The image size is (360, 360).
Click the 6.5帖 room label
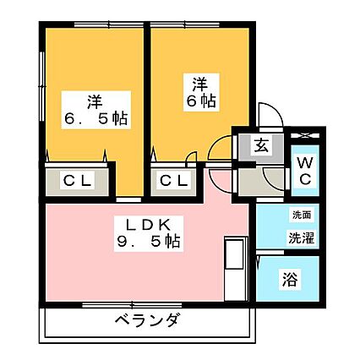[96, 110]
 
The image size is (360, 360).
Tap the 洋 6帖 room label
[201, 92]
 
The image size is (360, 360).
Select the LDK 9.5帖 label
[149, 233]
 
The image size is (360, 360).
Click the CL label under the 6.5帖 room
[77, 181]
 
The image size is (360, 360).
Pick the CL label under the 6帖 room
[174, 181]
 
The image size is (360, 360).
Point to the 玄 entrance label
[261, 145]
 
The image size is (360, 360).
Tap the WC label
[304, 171]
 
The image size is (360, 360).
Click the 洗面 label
[302, 215]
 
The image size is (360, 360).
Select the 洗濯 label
[301, 237]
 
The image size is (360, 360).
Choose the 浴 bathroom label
[290, 279]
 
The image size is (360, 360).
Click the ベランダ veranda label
[147, 320]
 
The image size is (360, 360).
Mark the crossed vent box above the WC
[304, 135]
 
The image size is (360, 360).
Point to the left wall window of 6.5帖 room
[41, 86]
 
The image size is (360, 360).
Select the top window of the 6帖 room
[185, 25]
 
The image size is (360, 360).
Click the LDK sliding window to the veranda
[132, 305]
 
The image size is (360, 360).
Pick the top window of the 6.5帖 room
[110, 25]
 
